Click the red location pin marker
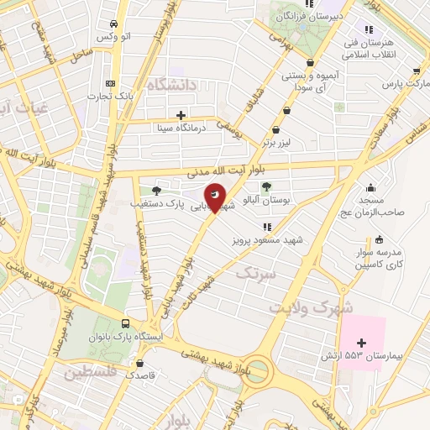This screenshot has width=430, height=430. coord(216,197)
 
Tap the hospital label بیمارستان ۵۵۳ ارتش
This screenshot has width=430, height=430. coord(362,356)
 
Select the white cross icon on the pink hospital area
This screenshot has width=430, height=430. coord(362,342)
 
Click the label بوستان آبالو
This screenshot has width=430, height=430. coord(266,202)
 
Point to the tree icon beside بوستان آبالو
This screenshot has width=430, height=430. coord(266,187)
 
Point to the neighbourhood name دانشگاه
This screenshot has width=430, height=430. coord(170,84)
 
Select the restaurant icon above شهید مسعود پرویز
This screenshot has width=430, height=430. coord(267,227)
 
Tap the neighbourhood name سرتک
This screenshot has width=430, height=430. coord(255,273)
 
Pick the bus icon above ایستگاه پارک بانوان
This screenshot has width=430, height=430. coord(126,323)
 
